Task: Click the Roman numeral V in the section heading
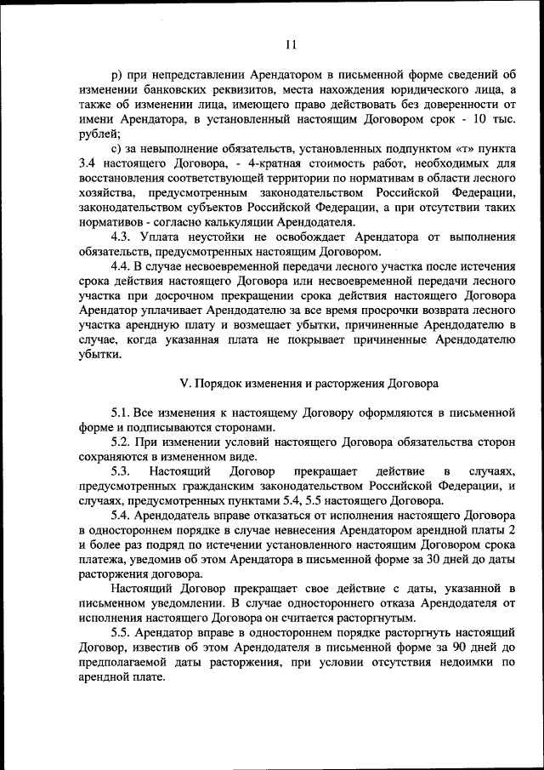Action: click(183, 384)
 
